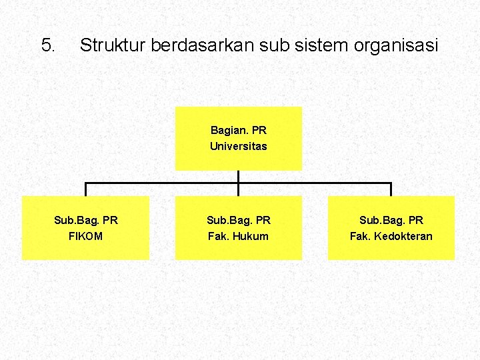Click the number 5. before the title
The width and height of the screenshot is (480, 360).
coord(48,45)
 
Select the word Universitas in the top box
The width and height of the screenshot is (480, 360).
coord(238,147)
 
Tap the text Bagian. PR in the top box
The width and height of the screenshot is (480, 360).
coord(238,131)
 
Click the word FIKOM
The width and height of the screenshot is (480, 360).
coord(85,236)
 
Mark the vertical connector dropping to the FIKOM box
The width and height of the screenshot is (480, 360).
coord(85,189)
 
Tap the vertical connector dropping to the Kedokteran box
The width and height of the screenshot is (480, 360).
coord(391,189)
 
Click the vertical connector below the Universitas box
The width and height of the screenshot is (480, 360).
coord(238,176)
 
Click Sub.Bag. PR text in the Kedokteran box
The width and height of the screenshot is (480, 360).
coord(391,220)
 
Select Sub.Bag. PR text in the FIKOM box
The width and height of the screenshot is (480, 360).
coord(85,220)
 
